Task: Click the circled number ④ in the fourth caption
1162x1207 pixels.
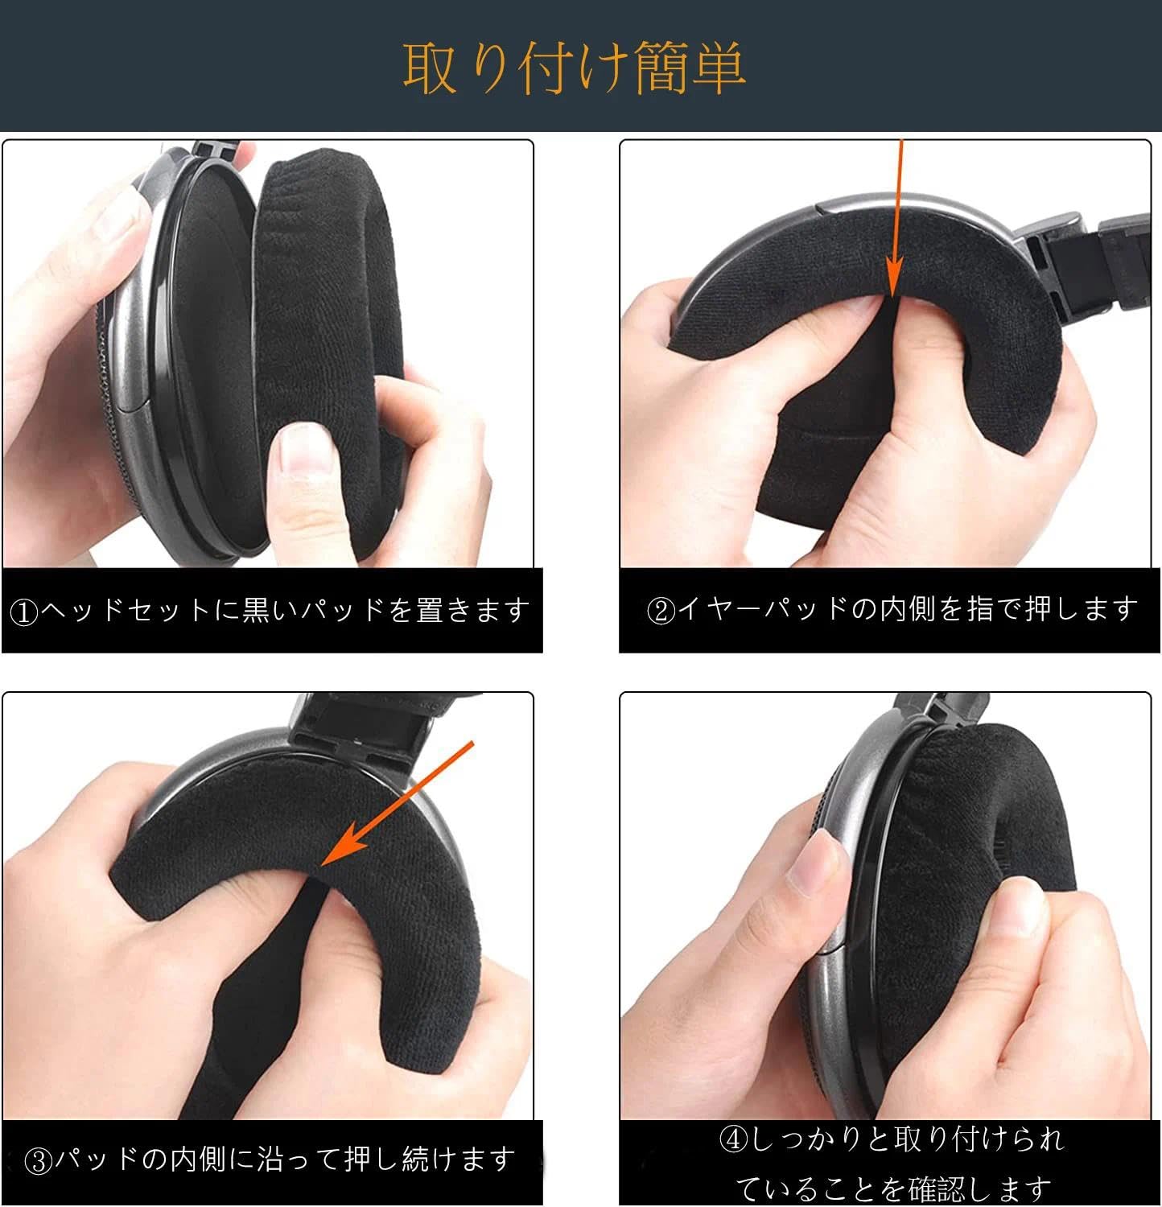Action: (733, 1140)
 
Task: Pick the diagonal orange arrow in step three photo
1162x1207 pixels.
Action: (398, 805)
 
